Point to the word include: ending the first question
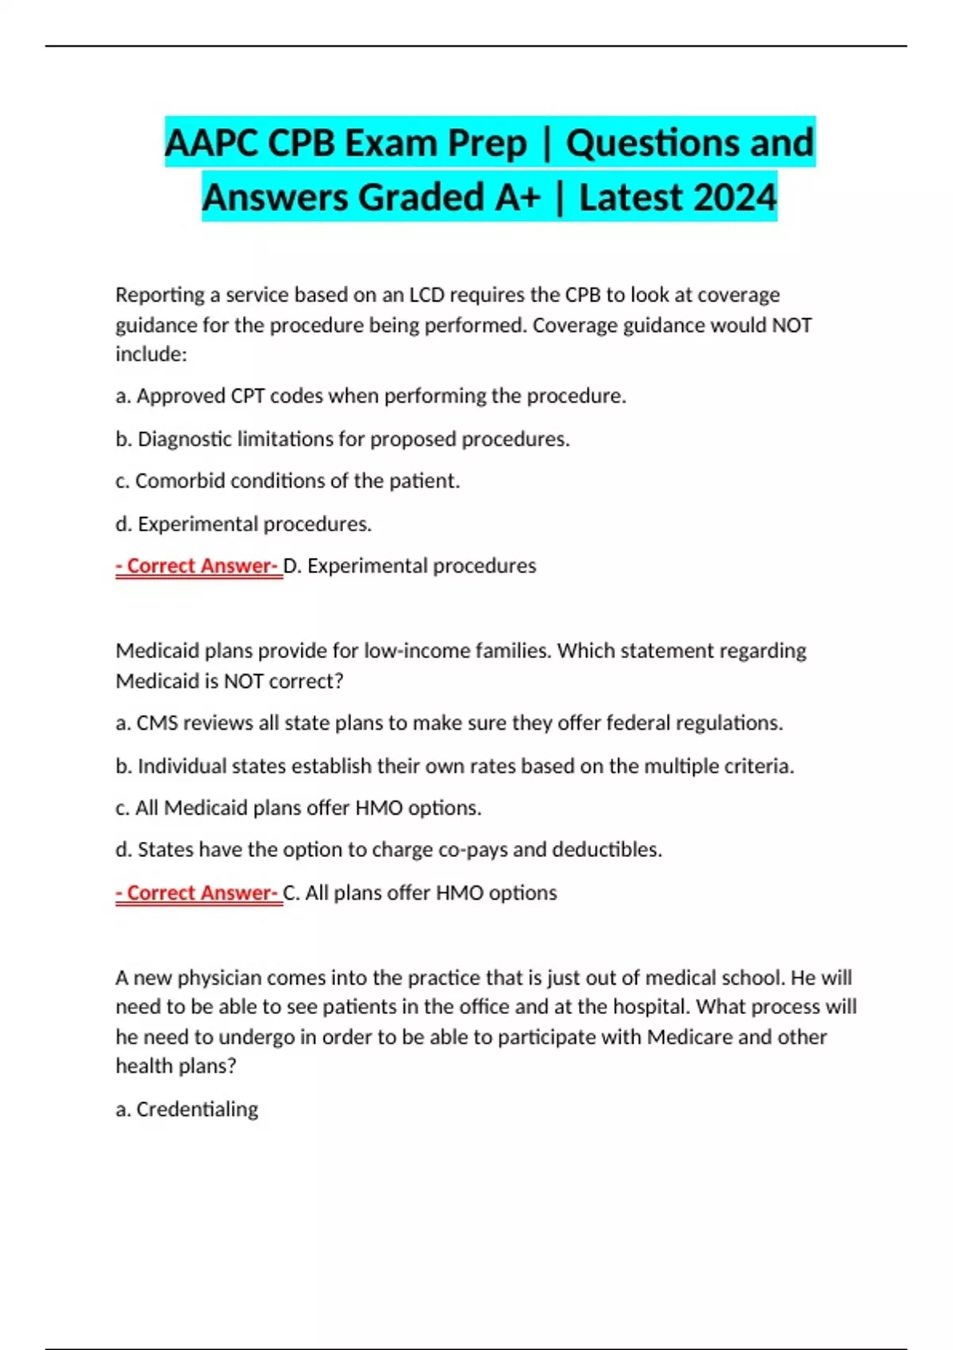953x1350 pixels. (151, 354)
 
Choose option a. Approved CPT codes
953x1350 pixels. (371, 395)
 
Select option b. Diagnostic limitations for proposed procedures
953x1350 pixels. (342, 438)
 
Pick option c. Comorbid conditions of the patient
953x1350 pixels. (287, 480)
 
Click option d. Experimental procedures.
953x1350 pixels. (243, 523)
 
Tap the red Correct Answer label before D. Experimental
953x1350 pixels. (199, 565)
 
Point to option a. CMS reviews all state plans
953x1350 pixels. (449, 723)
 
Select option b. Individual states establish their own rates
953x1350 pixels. (454, 766)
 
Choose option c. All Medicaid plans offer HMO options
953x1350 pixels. (299, 808)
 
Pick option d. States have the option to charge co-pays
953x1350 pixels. (388, 850)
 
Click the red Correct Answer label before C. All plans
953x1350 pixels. (199, 893)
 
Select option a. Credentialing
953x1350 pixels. (187, 1109)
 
